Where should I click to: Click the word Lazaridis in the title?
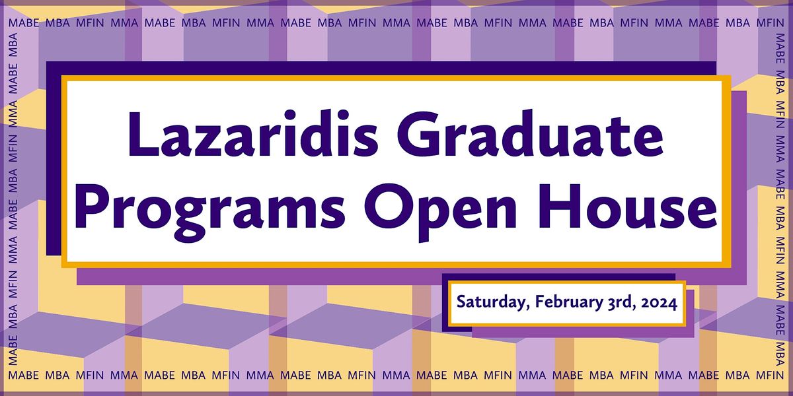point(254,133)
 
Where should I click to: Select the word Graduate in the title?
point(530,133)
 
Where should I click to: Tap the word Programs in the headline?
point(209,211)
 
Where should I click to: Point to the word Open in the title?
point(440,211)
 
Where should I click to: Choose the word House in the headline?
point(628,206)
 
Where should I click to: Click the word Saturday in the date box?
point(492,303)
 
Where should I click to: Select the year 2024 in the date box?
point(660,303)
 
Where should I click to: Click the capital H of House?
point(559,206)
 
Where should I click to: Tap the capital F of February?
point(539,302)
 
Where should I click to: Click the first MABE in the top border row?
point(24,23)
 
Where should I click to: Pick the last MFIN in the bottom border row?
point(770,375)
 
